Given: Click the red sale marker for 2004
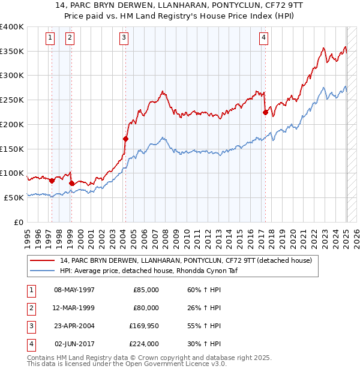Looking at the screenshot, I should [125, 139].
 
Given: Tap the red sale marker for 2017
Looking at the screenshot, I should [265, 112].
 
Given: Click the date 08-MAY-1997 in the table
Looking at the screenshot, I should [74, 290].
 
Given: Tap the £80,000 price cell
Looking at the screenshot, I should [145, 308].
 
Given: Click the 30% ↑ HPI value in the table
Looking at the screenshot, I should [200, 344].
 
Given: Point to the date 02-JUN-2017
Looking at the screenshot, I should [74, 344].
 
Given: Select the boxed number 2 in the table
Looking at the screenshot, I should [31, 308].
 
